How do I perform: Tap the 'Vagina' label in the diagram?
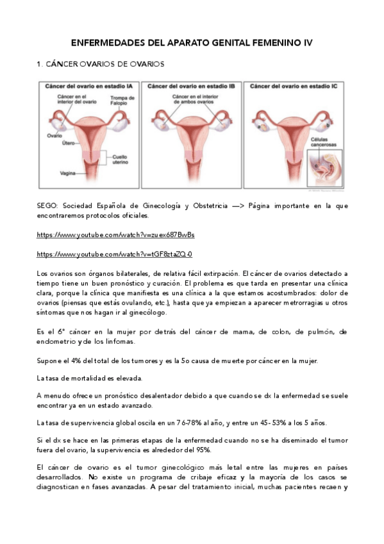coord(69,173)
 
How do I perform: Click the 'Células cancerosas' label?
coord(324,142)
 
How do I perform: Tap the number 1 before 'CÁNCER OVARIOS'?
coord(39,64)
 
